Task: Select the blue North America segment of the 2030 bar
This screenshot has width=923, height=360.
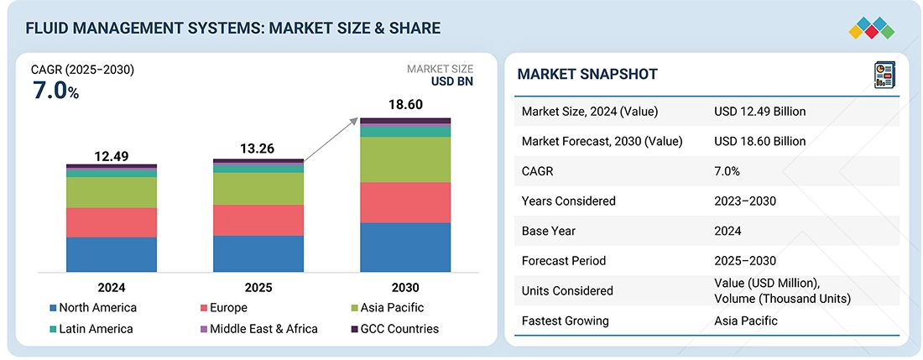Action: click(405, 247)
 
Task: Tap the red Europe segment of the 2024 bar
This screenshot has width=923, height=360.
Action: click(112, 222)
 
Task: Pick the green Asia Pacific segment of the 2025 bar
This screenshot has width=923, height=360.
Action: click(258, 189)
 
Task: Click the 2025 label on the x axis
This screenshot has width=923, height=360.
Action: click(258, 287)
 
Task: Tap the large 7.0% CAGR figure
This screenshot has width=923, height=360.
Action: click(55, 91)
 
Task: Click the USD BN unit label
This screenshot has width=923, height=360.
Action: click(451, 82)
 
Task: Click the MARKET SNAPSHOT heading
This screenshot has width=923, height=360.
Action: click(587, 74)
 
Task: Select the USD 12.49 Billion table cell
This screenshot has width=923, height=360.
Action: click(759, 112)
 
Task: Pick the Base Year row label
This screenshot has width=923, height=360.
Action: click(549, 231)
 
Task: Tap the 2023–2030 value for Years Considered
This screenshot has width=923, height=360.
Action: click(745, 201)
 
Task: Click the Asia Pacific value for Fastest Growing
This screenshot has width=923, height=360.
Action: click(746, 321)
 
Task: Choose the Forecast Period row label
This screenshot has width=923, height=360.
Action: click(563, 261)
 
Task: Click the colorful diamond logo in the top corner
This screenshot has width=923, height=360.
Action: click(871, 28)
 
